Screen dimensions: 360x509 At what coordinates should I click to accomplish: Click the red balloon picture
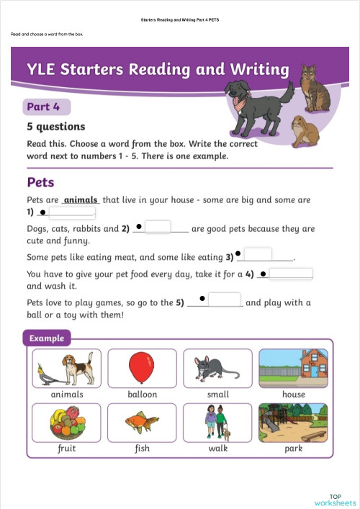click(x=142, y=369)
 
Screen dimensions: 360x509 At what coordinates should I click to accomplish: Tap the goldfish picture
click(x=142, y=422)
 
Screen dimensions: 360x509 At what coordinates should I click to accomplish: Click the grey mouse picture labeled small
click(x=217, y=369)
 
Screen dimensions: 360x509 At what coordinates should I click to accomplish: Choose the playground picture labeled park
click(x=293, y=422)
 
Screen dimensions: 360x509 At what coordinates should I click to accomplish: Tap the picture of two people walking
click(x=217, y=422)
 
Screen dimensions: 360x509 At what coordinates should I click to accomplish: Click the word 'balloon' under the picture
click(x=142, y=395)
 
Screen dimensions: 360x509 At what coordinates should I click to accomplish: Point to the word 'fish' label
click(x=142, y=449)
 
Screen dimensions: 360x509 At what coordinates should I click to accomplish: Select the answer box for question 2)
click(x=158, y=228)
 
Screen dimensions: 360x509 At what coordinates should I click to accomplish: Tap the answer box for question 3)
click(x=258, y=254)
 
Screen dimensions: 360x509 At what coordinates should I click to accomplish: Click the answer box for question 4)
click(x=291, y=274)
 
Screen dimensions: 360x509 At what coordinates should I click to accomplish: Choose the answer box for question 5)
click(x=225, y=299)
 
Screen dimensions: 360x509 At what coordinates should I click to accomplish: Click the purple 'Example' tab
click(x=47, y=338)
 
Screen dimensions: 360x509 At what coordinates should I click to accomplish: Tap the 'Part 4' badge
click(x=43, y=107)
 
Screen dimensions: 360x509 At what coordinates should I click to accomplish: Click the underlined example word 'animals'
click(x=81, y=199)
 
